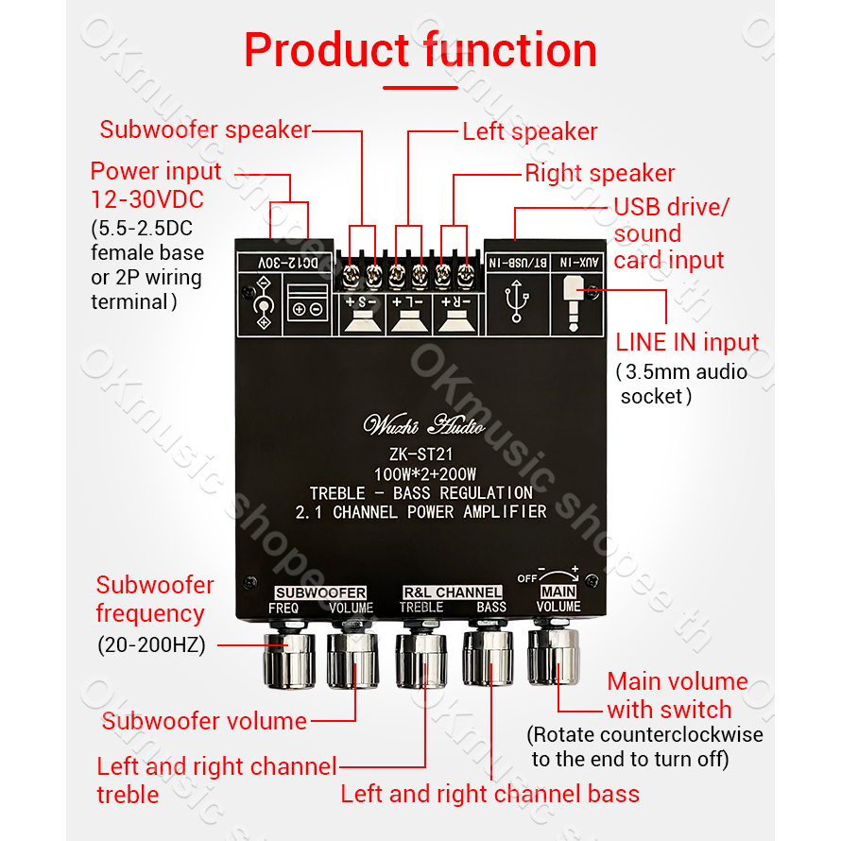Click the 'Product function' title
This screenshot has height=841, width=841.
click(420, 50)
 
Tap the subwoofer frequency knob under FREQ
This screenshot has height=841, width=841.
click(288, 659)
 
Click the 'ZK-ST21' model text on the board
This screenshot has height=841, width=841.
click(421, 455)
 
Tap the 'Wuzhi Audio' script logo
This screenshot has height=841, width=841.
click(420, 423)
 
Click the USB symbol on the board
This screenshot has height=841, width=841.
click(517, 302)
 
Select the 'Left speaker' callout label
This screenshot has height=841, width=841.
click(530, 131)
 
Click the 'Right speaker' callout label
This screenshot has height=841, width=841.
click(600, 173)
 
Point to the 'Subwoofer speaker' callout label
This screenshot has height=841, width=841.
click(205, 129)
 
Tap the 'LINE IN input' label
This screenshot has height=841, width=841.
click(687, 342)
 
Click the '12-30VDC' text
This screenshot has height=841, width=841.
click(146, 200)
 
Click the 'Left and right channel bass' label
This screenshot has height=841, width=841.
click(489, 794)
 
